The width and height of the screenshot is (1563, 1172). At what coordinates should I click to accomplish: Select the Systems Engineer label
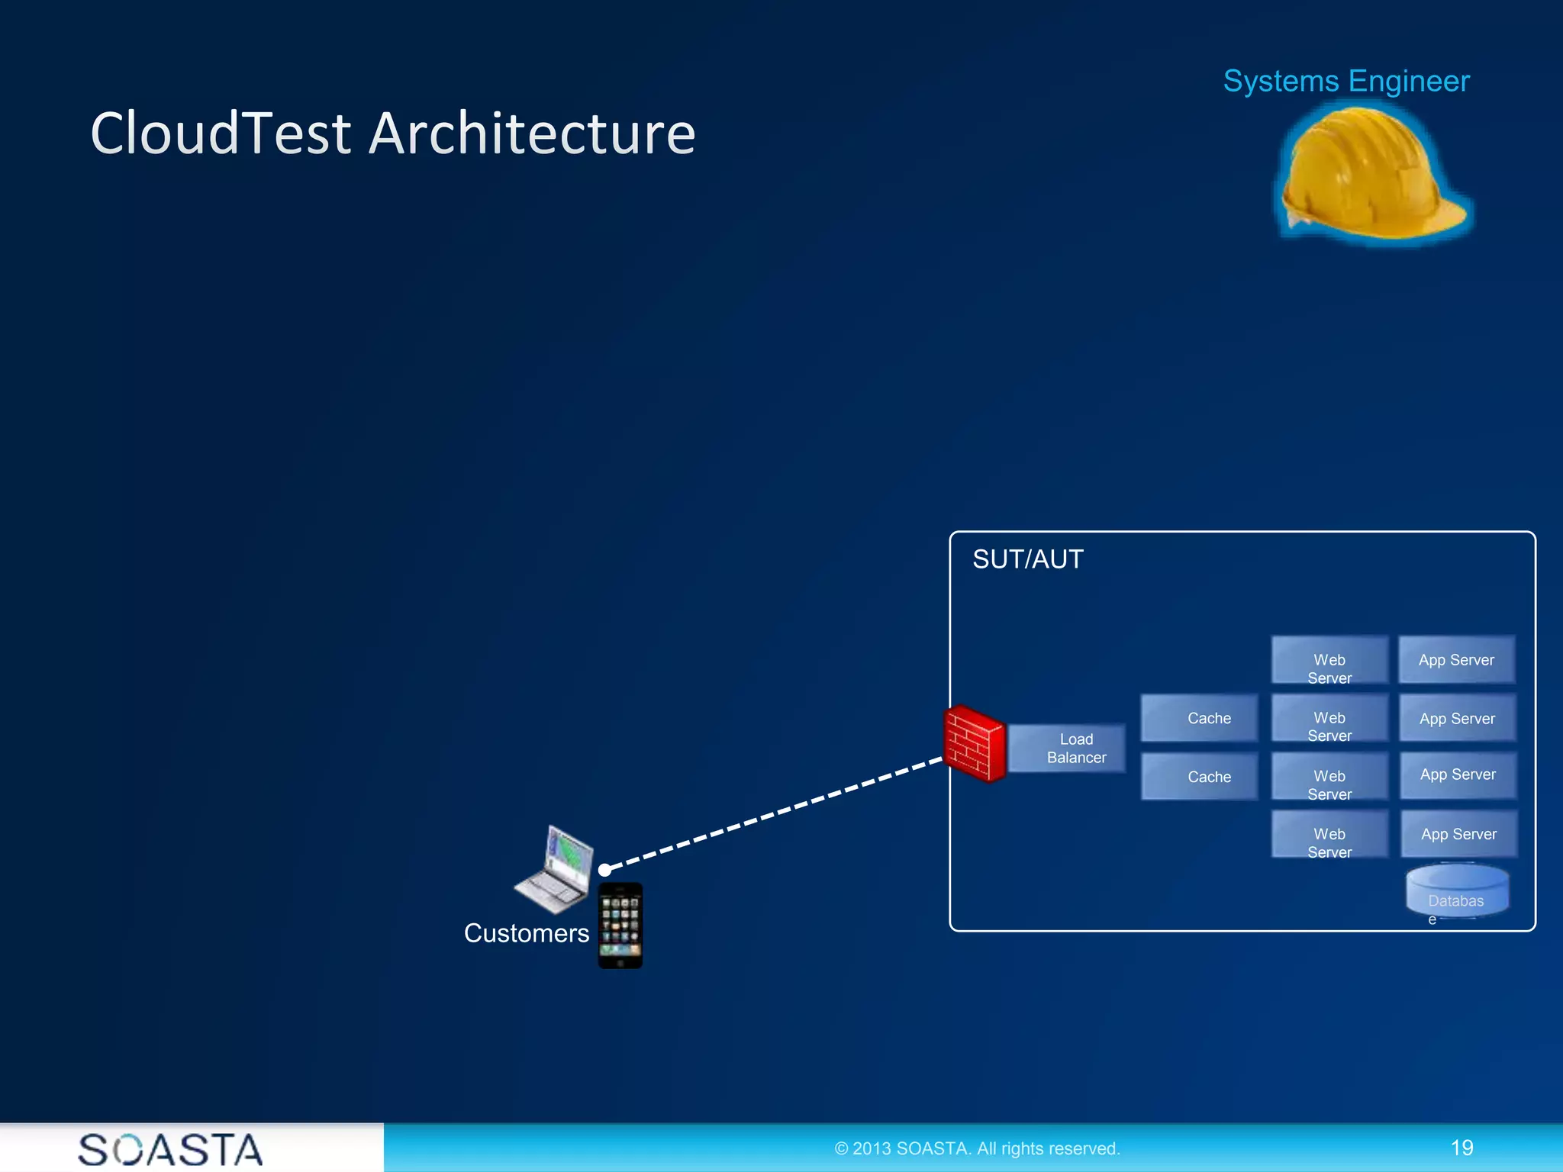point(1345,81)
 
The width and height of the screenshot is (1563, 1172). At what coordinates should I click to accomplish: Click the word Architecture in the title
point(532,134)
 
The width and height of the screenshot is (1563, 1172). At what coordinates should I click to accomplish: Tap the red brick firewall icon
point(974,744)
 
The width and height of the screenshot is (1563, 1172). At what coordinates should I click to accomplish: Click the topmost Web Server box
point(1329,661)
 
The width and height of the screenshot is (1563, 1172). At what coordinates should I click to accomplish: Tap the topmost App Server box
point(1456,660)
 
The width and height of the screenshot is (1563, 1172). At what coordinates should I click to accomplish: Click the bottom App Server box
point(1458,834)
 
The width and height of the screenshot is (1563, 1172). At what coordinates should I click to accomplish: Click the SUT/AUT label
point(1027,559)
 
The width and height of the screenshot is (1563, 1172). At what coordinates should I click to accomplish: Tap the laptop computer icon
point(556,870)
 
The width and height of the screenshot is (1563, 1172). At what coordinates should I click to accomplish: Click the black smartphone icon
point(620,926)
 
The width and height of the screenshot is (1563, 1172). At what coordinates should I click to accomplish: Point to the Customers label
point(526,933)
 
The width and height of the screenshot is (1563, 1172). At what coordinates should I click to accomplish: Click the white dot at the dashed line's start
point(604,870)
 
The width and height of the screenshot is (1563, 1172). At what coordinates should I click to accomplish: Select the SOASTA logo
point(170,1149)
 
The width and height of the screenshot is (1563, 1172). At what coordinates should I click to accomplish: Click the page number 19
point(1461,1148)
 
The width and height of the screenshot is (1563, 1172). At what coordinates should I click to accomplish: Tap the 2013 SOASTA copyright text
point(977,1148)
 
